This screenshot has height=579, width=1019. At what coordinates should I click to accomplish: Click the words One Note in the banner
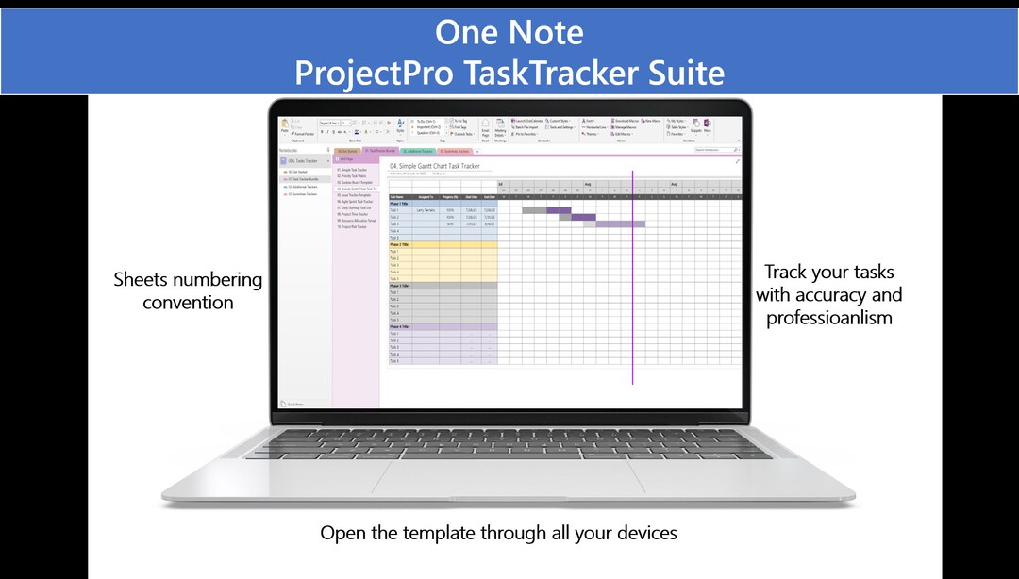click(x=509, y=32)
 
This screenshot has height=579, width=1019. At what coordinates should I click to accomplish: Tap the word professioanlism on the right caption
click(x=828, y=318)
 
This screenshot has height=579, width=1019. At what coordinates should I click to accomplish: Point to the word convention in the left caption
click(x=188, y=303)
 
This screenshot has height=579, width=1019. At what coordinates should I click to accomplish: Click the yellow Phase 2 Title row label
click(x=400, y=245)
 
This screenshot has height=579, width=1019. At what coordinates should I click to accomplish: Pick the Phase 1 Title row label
click(x=400, y=204)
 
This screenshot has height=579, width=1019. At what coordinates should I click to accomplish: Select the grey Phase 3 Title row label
click(x=400, y=286)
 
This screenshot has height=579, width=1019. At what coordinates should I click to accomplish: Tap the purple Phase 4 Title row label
click(x=400, y=327)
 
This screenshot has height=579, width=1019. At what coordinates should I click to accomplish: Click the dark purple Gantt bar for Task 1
click(x=559, y=210)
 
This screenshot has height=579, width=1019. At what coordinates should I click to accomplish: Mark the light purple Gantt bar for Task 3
click(x=620, y=223)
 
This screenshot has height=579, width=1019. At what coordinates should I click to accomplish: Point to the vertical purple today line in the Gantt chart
click(x=632, y=283)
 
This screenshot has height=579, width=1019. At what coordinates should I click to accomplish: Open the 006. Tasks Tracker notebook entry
click(x=302, y=161)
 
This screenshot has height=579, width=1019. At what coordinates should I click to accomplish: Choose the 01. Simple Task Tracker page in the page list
click(x=355, y=170)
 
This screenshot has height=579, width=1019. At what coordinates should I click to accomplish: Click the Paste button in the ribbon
click(x=284, y=130)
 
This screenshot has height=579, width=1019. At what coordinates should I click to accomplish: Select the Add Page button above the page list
click(x=346, y=159)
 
